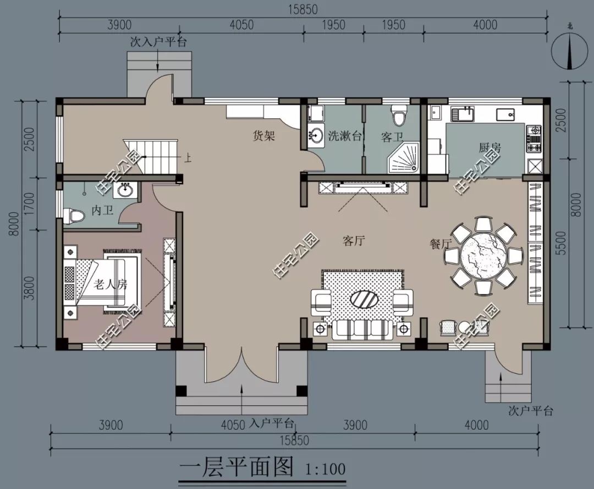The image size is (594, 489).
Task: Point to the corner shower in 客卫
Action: [404, 157]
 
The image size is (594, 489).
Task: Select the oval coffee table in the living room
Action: [364, 301]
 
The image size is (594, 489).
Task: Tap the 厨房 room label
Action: [490, 147]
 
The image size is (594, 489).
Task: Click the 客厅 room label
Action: [355, 241]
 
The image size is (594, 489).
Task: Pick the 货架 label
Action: [263, 136]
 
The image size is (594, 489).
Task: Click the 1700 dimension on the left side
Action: [29, 202]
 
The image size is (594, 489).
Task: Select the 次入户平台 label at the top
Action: [158, 42]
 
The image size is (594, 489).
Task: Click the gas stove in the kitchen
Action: [533, 139]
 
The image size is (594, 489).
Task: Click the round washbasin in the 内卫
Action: [126, 190]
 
